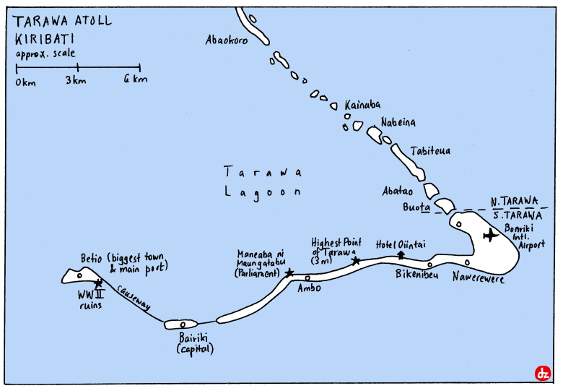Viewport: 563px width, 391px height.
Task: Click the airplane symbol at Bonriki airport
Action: coord(492,235)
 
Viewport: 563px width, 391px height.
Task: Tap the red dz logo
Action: coord(543,373)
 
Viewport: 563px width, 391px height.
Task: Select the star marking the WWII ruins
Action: coord(98,283)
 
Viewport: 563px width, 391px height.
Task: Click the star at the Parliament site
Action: coord(289,273)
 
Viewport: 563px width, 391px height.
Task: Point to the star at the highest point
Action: coord(356,261)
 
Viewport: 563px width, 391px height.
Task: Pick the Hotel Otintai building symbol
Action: coord(401,254)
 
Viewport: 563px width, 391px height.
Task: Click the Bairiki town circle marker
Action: coord(183,324)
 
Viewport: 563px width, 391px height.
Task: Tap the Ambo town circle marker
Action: coord(307,278)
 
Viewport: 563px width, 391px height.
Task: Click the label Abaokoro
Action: coord(227,40)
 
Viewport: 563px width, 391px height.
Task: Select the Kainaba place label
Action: coord(362,105)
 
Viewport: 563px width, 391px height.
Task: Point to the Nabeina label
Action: coord(398,123)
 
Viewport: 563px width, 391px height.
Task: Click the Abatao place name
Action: coord(398,192)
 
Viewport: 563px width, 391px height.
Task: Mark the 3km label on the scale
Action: coord(76,80)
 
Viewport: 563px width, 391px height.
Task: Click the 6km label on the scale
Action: coord(135,80)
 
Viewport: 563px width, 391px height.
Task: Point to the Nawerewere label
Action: coord(479,279)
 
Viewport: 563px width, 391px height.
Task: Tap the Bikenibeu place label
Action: coord(418,275)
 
